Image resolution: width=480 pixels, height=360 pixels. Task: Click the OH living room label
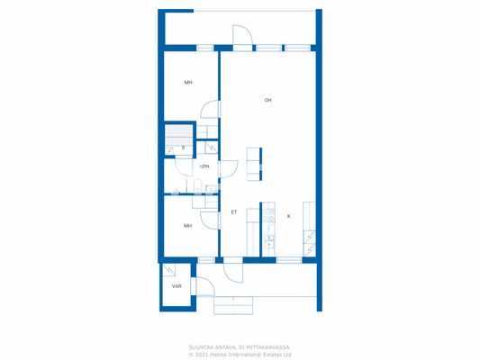coord(268,100)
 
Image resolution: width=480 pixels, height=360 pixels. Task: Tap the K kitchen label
coord(289,216)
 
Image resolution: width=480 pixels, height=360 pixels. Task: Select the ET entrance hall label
coord(234,212)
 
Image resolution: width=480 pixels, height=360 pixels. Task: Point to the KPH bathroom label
coord(204,166)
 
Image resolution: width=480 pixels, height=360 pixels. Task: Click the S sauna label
coord(183,148)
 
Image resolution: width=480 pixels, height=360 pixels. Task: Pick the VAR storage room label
coord(177,286)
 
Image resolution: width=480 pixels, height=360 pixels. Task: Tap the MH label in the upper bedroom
coord(188,83)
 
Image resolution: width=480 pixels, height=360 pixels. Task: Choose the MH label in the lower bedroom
coord(188,226)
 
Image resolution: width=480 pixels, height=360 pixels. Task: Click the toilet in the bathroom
coord(195,186)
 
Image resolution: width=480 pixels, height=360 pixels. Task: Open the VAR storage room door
coord(203,287)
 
